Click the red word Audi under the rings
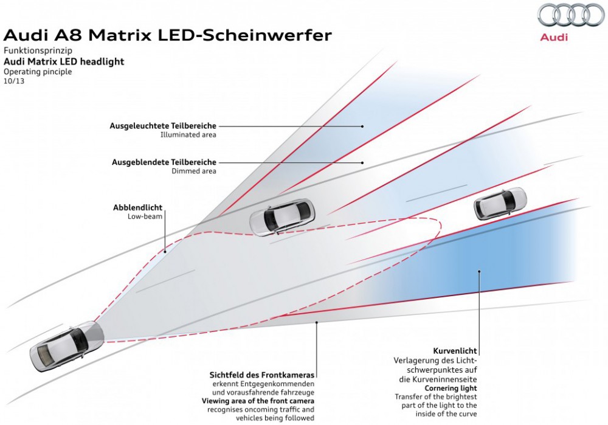[553, 37]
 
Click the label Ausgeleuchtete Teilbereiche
[163, 126]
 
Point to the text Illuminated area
[188, 135]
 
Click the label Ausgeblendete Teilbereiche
[164, 162]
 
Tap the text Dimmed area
[194, 171]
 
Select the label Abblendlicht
[137, 207]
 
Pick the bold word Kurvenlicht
[455, 351]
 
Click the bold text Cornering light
[451, 388]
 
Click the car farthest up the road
[500, 202]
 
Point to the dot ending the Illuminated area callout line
[362, 126]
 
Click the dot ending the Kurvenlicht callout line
[479, 272]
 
